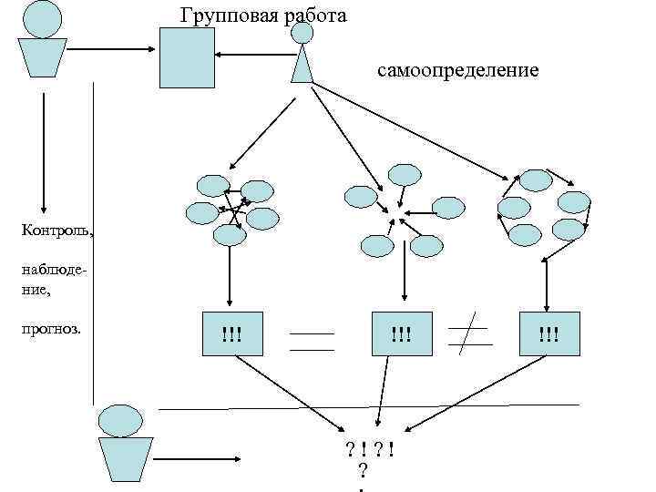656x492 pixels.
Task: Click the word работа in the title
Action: (313, 15)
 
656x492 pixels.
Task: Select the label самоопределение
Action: (457, 69)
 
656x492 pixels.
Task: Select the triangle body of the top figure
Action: (302, 64)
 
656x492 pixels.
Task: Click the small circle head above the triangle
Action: (302, 33)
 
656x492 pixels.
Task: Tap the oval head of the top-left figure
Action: (42, 18)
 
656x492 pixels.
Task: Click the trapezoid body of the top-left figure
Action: (43, 56)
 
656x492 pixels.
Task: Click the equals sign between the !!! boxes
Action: (313, 341)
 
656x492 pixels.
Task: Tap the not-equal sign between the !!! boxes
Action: (468, 335)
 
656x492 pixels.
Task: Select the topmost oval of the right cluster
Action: (535, 179)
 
